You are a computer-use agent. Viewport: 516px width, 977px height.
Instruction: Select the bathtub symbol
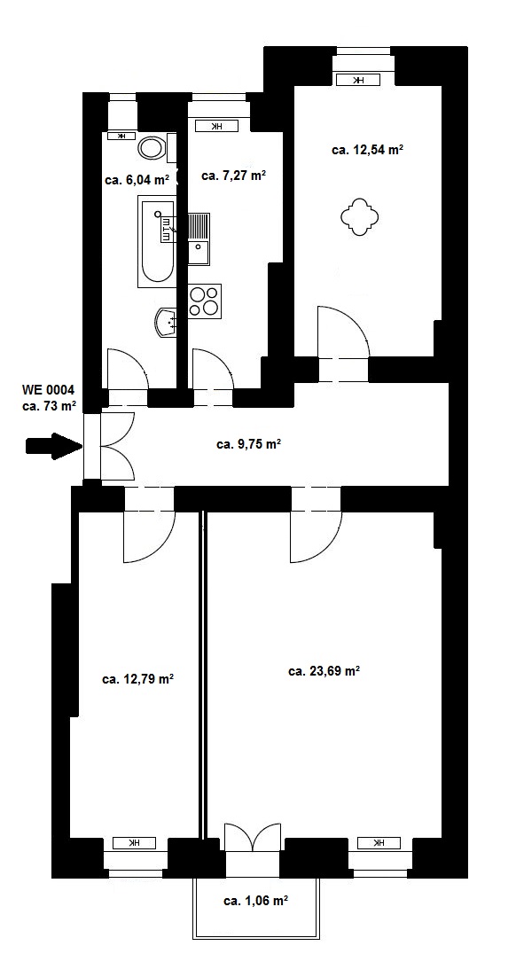tap(156, 242)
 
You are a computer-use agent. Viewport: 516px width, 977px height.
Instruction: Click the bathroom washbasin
tap(167, 322)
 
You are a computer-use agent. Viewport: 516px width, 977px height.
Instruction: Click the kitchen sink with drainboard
tap(199, 239)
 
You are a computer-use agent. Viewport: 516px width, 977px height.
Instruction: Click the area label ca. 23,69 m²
tap(324, 671)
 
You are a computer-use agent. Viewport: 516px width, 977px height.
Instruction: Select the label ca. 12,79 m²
tap(137, 678)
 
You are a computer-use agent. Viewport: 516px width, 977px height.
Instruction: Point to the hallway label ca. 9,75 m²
tap(248, 444)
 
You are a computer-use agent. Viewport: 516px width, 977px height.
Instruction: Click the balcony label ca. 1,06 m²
tap(255, 901)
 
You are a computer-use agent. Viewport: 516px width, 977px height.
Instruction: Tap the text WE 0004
tap(49, 391)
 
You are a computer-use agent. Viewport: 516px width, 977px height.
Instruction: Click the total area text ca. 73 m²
tap(49, 406)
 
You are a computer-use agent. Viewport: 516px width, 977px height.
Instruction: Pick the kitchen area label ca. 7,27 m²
tap(234, 176)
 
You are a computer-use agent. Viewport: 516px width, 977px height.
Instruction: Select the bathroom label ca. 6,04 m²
tap(137, 180)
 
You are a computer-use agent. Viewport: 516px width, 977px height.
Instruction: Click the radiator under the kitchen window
tap(217, 127)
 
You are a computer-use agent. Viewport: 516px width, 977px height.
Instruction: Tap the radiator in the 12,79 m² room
tap(134, 843)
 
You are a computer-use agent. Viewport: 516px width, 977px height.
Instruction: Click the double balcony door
tap(253, 837)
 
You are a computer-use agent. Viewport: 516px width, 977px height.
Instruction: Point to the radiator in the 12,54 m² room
tap(357, 80)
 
